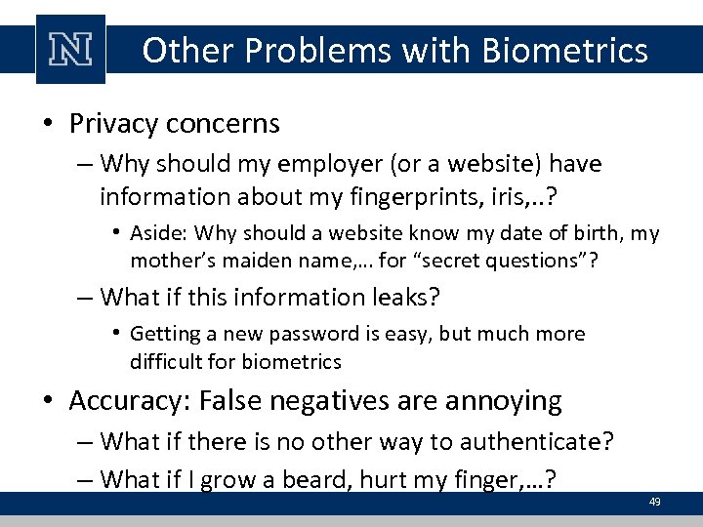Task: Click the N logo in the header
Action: click(x=70, y=50)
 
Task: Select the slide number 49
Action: click(x=655, y=502)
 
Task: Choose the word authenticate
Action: click(x=521, y=441)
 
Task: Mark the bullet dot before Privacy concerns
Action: click(x=47, y=125)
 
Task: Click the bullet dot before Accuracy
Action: click(x=47, y=402)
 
